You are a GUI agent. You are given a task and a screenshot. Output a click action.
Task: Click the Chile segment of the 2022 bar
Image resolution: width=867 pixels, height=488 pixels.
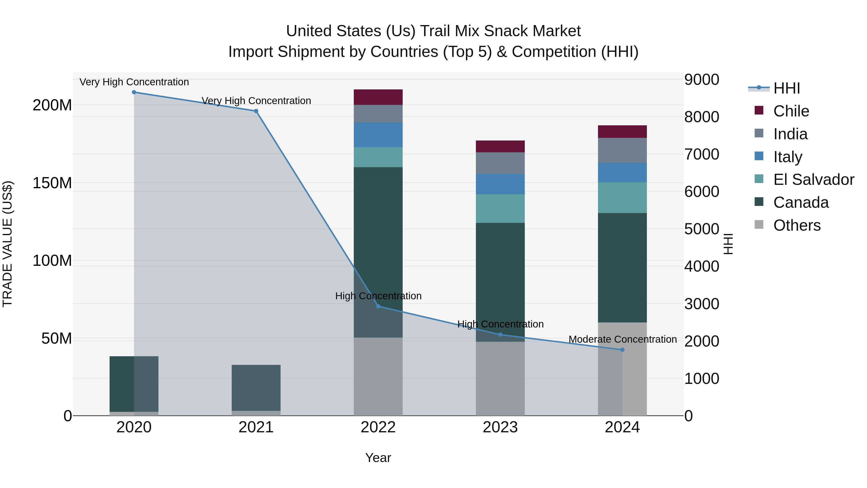click(x=378, y=97)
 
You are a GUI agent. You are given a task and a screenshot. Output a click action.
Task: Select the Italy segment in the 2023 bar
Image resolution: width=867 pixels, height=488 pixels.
click(x=500, y=184)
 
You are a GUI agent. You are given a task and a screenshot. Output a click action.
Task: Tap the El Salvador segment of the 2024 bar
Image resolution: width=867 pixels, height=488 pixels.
click(x=622, y=197)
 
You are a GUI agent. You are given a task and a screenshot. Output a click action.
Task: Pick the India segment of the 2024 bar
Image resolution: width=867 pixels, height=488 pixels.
click(x=622, y=150)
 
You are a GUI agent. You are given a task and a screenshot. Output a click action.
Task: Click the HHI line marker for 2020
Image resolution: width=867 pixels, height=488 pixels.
click(x=134, y=92)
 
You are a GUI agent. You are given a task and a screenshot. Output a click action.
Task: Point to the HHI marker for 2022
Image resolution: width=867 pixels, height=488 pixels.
click(x=378, y=306)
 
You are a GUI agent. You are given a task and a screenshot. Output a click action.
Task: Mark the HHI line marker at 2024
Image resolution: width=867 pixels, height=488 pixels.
click(x=622, y=350)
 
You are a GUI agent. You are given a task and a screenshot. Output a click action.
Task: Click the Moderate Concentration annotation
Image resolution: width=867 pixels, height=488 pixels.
click(x=622, y=339)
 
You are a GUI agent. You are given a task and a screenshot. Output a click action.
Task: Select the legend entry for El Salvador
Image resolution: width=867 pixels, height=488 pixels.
click(x=814, y=180)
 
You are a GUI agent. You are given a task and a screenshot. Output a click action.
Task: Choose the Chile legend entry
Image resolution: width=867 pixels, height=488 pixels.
click(x=791, y=111)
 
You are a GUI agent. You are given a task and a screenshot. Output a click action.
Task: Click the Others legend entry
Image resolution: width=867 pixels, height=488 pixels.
click(x=797, y=225)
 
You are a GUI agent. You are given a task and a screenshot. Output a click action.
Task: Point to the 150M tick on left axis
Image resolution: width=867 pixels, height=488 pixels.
click(x=52, y=183)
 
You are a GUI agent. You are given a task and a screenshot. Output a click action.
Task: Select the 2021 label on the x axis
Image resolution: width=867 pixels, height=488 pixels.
click(x=256, y=427)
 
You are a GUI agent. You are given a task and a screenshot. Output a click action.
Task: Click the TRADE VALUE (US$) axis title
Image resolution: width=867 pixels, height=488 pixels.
click(x=7, y=244)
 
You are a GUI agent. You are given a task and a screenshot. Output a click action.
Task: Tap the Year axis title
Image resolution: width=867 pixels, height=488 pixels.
click(x=378, y=458)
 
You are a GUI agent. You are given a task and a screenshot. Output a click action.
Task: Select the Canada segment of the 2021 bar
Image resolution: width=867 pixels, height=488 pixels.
click(x=256, y=387)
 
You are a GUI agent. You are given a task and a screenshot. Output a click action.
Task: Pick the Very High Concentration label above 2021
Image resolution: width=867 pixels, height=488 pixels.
click(x=256, y=101)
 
